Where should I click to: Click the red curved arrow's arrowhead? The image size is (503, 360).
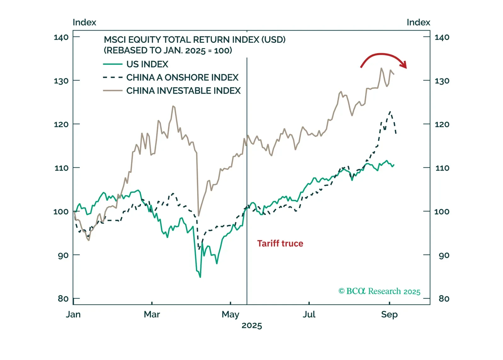[404, 65]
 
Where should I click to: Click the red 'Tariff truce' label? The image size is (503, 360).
[280, 244]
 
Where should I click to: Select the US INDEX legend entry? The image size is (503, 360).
[147, 64]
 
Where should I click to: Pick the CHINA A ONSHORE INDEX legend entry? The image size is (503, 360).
[182, 77]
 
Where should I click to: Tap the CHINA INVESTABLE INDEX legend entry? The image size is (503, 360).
[183, 91]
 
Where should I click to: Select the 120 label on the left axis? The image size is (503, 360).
[61, 124]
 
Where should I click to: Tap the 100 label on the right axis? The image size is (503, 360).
[442, 211]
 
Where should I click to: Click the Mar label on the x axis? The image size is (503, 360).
[152, 314]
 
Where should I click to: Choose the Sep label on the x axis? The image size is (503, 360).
[389, 314]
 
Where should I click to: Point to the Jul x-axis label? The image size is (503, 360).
[309, 314]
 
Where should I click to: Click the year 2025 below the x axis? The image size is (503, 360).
[252, 325]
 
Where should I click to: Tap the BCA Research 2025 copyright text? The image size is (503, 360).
[379, 291]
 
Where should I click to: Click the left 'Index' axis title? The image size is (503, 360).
[84, 22]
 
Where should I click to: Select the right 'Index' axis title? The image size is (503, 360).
[418, 22]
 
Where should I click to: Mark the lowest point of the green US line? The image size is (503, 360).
[200, 277]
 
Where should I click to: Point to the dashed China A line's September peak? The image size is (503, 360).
[390, 112]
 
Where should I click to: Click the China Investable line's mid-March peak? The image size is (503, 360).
[173, 106]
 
